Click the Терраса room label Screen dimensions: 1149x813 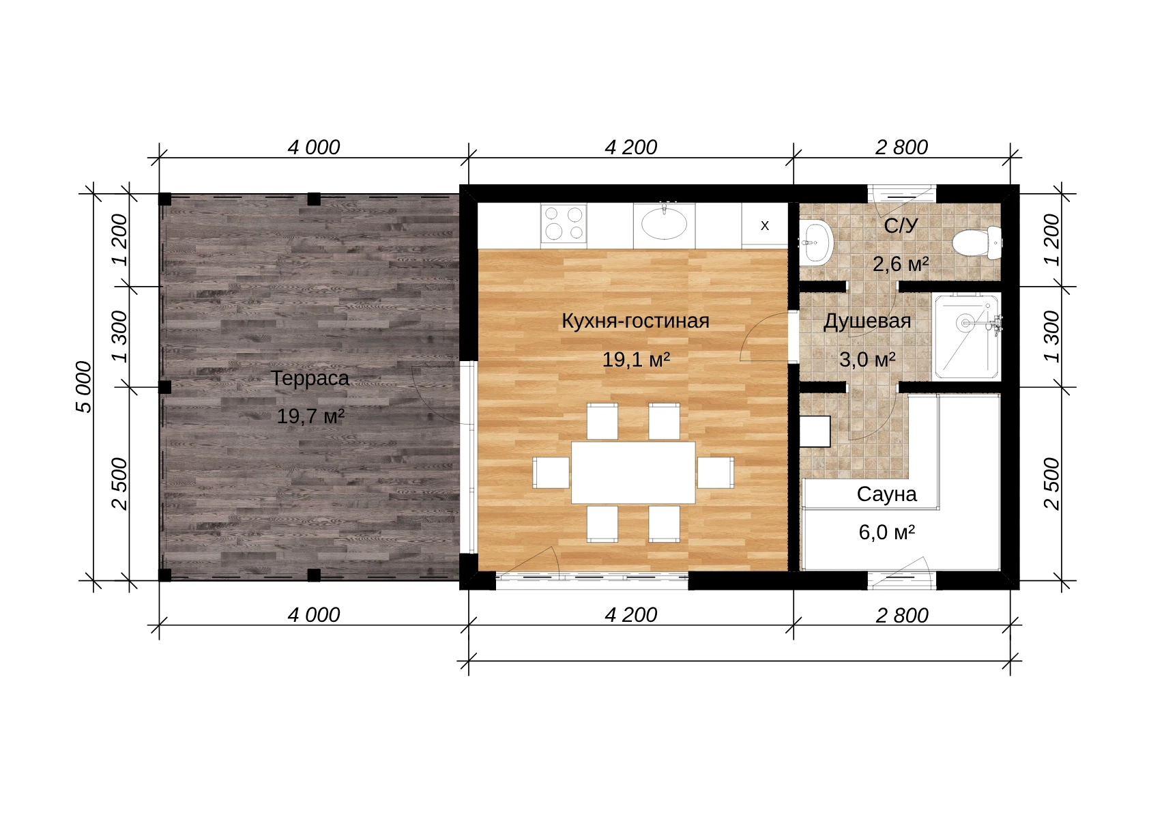pyautogui.click(x=310, y=378)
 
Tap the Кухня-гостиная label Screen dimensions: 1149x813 pyautogui.click(x=635, y=321)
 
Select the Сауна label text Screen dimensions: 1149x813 pyautogui.click(x=886, y=494)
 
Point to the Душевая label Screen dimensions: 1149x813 pyautogui.click(x=867, y=322)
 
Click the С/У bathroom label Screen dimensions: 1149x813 pyautogui.click(x=900, y=225)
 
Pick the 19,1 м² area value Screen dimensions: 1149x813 pyautogui.click(x=636, y=360)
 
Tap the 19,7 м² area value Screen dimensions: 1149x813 pyautogui.click(x=310, y=416)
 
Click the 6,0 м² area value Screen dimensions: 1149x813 pyautogui.click(x=887, y=532)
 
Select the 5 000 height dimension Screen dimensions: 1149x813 pyautogui.click(x=84, y=387)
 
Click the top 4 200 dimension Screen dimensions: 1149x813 pyautogui.click(x=631, y=147)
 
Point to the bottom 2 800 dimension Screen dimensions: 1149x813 pyautogui.click(x=902, y=616)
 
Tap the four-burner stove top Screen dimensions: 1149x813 pyautogui.click(x=564, y=223)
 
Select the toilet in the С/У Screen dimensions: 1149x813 pyautogui.click(x=976, y=242)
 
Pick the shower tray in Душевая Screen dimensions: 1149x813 pyautogui.click(x=966, y=336)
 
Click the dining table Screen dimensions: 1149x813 pyautogui.click(x=633, y=472)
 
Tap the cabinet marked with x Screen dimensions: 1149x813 pyautogui.click(x=765, y=226)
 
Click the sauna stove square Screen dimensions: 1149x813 pyautogui.click(x=815, y=431)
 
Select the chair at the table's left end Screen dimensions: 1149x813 pyautogui.click(x=551, y=472)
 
